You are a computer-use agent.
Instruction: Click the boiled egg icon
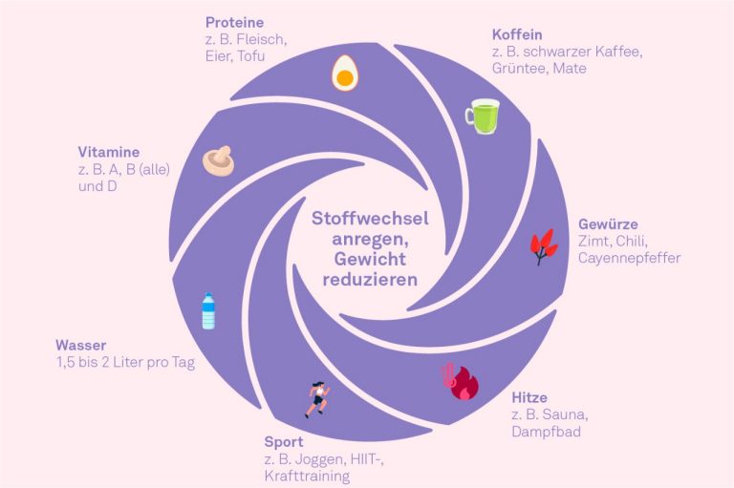345,73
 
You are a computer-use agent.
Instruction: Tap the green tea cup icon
483,117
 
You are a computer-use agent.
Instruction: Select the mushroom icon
218,160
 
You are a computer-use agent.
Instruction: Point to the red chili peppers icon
544,246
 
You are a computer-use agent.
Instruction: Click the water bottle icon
208,311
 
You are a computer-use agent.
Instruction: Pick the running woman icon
318,399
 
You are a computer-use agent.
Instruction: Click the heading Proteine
234,23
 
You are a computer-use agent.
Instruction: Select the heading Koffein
517,34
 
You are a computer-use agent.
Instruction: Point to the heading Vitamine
109,152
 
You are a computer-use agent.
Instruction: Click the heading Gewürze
608,224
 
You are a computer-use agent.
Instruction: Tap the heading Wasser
81,346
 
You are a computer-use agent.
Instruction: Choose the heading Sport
284,441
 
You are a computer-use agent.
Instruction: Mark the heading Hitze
529,397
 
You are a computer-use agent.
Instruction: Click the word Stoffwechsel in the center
370,219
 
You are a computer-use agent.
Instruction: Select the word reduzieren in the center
370,280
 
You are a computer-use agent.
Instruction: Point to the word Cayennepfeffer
629,258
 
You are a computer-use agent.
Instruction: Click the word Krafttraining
307,477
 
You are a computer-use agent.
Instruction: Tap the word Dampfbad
547,432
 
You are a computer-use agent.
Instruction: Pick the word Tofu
251,56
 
